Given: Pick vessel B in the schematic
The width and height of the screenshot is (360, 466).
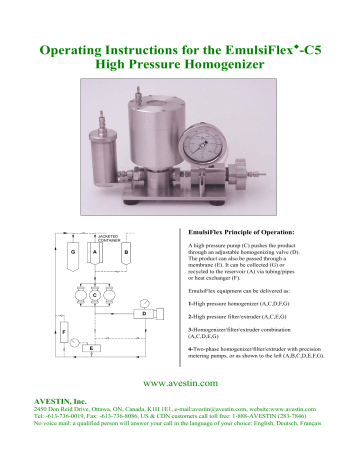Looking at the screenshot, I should [x=125, y=254].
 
